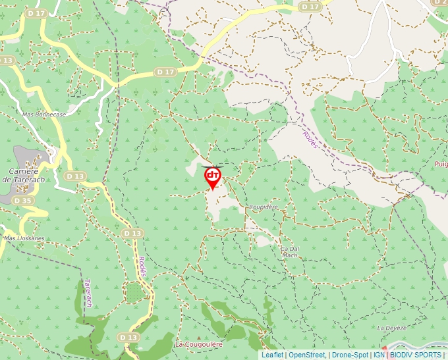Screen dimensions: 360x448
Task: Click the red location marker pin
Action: (x=213, y=176)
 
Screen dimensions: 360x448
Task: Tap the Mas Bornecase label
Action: (x=44, y=114)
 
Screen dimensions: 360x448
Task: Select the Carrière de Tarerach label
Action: (x=23, y=175)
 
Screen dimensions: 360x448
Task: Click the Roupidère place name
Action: (x=263, y=207)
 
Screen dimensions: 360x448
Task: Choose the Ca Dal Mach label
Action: (x=290, y=251)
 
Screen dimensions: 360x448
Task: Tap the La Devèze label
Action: (x=392, y=327)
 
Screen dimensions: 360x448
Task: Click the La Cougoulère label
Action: (x=198, y=344)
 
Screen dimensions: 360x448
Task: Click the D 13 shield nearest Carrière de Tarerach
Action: (x=76, y=176)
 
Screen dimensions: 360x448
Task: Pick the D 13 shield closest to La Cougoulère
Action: (x=130, y=337)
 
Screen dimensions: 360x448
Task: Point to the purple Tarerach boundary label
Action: (x=87, y=293)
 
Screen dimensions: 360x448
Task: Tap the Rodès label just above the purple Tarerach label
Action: (x=142, y=267)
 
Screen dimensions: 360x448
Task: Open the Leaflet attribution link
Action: (x=272, y=355)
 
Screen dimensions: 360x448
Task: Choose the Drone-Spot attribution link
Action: (x=350, y=355)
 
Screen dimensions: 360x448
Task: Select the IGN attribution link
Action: (x=379, y=355)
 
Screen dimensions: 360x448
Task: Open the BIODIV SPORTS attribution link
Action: (x=415, y=355)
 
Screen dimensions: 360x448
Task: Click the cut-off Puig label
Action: (x=441, y=163)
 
